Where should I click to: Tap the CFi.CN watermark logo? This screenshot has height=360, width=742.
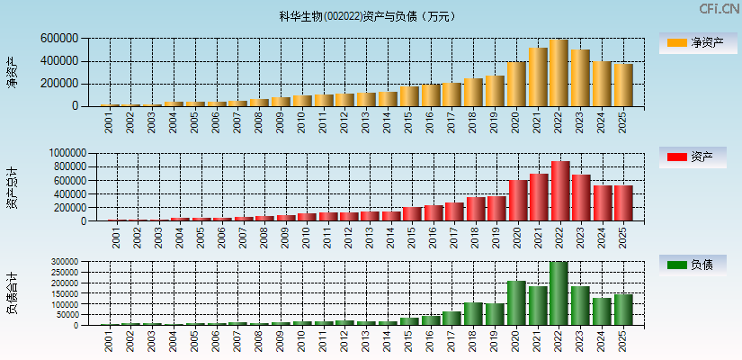(x=720, y=9)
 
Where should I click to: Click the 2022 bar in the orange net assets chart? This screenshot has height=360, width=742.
(x=559, y=73)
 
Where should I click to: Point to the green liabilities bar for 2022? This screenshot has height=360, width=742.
(x=559, y=293)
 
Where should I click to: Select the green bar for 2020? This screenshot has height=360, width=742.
(x=516, y=302)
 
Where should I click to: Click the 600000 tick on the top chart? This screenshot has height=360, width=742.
(x=58, y=39)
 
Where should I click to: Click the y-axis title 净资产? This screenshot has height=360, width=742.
(x=12, y=72)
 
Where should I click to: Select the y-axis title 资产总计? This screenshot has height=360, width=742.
(x=12, y=188)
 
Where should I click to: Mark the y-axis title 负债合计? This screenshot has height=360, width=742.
(x=12, y=293)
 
